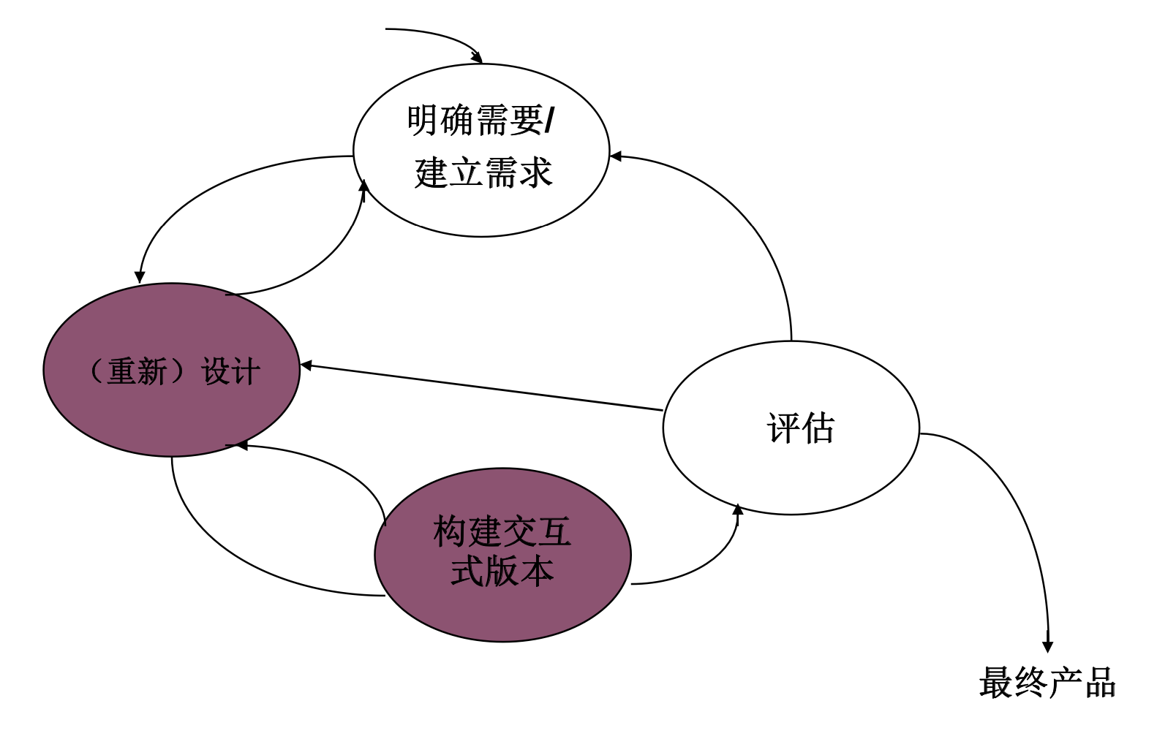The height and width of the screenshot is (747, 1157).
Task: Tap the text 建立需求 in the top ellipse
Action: tap(483, 174)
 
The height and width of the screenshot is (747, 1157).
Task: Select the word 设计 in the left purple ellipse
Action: tap(230, 371)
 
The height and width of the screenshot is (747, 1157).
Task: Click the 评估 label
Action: tap(800, 428)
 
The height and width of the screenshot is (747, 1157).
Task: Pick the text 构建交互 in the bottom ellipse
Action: tap(502, 531)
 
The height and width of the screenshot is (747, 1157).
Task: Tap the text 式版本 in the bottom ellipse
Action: tap(502, 572)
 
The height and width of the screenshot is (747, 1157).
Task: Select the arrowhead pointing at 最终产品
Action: tap(1047, 646)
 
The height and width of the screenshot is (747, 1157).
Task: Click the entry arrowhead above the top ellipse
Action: tap(477, 57)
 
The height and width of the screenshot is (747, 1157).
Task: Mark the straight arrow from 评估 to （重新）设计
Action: tap(483, 388)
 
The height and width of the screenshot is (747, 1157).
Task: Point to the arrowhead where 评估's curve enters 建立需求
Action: tap(616, 156)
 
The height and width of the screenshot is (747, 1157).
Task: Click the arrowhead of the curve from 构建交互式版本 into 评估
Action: tap(737, 509)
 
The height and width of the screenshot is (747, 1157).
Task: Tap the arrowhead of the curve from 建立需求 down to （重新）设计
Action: tap(140, 277)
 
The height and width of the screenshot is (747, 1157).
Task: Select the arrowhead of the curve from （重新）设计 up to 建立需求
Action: tap(363, 186)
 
